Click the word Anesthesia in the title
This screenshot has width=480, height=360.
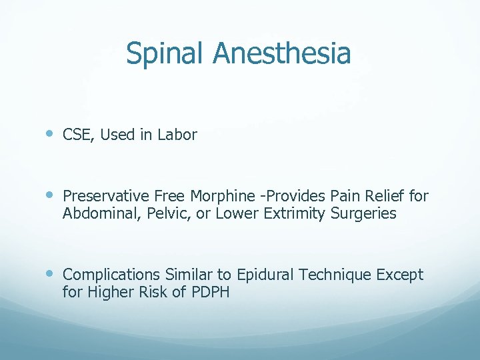click(281, 53)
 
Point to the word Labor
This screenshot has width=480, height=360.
click(177, 135)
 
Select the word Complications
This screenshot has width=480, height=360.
click(111, 275)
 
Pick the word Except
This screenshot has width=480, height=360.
click(401, 275)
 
